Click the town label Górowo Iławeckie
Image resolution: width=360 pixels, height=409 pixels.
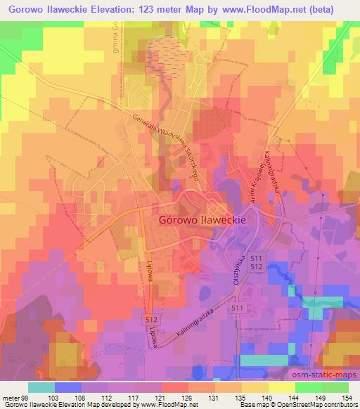tap(202, 219)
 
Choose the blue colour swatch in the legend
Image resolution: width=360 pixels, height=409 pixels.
tap(68, 387)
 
